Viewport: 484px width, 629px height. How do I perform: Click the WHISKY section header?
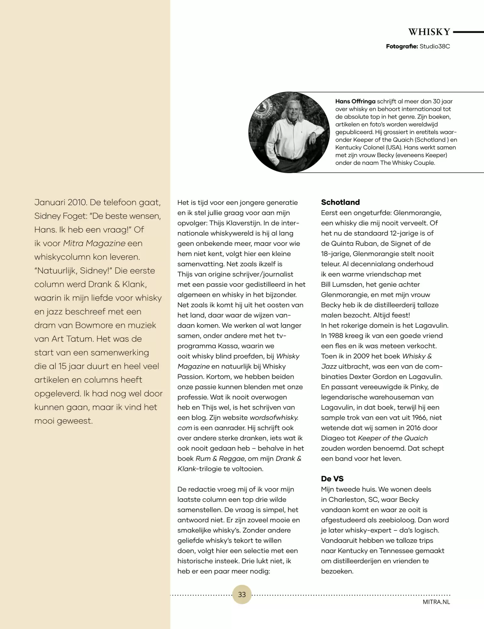[429, 32]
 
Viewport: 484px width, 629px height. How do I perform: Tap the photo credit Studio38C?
[435, 47]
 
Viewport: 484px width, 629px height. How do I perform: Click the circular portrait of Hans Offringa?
[289, 132]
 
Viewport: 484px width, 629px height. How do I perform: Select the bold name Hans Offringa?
[355, 101]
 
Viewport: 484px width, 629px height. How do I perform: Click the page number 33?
[242, 594]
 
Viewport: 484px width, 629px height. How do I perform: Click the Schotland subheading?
[340, 202]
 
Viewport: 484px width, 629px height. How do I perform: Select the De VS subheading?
[332, 479]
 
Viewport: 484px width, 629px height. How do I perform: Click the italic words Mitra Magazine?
[94, 243]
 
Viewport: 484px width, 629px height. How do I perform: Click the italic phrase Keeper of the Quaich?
[393, 438]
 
